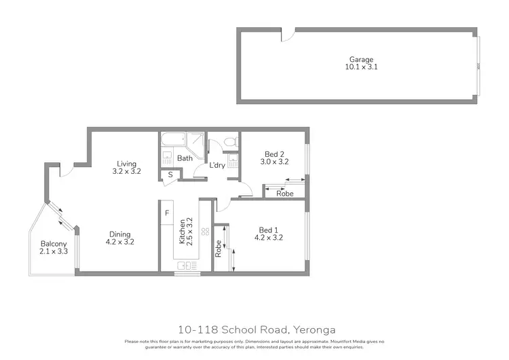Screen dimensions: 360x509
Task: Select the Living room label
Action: pos(126,164)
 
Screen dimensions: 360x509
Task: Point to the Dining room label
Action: pos(119,235)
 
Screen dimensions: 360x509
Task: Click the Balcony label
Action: pos(52,245)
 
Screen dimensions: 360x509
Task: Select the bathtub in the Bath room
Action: pos(173,141)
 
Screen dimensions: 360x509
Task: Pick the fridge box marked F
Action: pos(167,213)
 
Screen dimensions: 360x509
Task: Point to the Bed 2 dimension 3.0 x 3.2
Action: pos(275,162)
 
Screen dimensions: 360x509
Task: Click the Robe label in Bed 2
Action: pos(285,194)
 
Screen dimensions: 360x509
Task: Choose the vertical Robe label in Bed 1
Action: pos(219,248)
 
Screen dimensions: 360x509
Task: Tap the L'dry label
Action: pos(217,165)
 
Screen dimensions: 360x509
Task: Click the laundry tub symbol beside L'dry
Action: pos(233,160)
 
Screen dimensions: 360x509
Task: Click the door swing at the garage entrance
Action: pos(288,33)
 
